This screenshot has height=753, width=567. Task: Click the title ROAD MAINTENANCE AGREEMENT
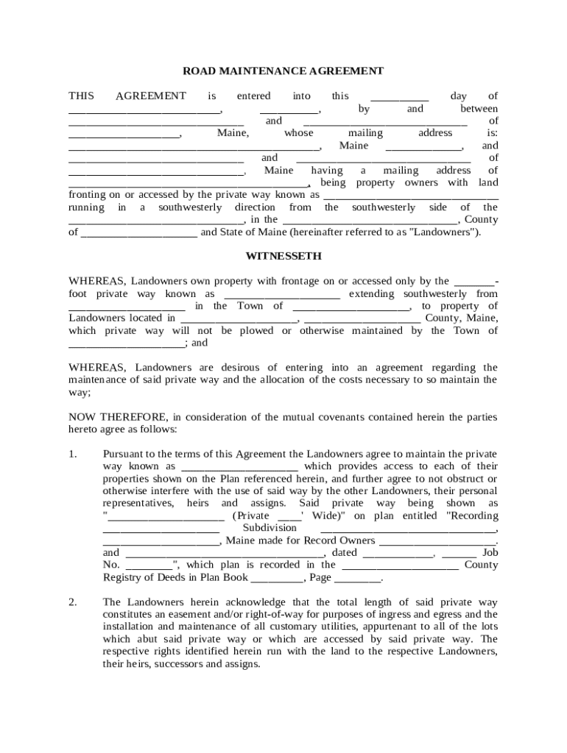283,71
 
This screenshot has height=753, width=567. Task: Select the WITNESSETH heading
283,256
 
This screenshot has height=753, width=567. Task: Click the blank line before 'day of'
399,96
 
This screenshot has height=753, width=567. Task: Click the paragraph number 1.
72,454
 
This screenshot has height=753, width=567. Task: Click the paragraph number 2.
72,602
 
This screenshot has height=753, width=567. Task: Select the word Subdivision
270,528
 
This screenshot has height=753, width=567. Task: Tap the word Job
490,553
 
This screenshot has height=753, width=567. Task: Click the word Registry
122,578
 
